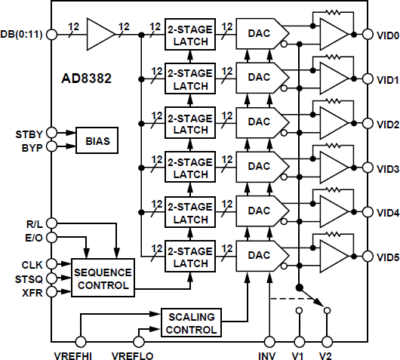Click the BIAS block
97,140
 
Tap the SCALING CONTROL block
191,322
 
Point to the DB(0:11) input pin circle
51,34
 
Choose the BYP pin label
31,146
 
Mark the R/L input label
33,223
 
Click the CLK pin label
32,263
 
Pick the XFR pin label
32,291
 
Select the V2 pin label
326,353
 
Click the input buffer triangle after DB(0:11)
100,34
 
